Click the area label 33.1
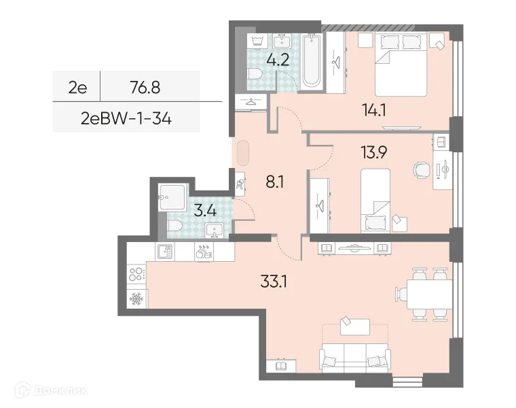click(x=274, y=279)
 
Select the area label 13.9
click(x=374, y=152)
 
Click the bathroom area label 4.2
click(x=278, y=59)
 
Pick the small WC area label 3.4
click(x=204, y=209)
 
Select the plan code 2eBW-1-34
click(x=126, y=119)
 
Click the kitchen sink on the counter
click(x=165, y=252)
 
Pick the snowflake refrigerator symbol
click(x=135, y=299)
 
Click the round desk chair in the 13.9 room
click(x=421, y=169)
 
